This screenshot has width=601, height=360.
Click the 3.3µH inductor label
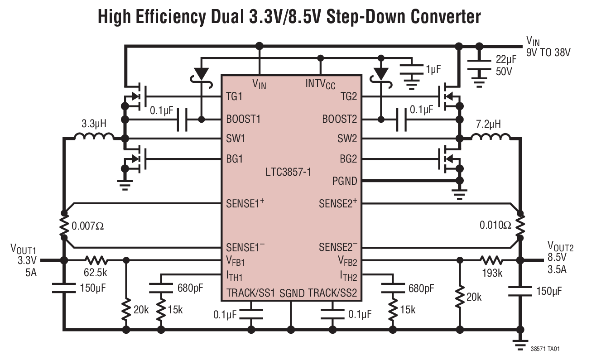click(94, 123)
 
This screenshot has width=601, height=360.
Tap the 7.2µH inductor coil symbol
click(490, 136)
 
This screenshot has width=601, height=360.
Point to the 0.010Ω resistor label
click(495, 225)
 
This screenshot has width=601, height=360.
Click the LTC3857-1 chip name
click(288, 172)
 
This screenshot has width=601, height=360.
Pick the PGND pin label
click(344, 181)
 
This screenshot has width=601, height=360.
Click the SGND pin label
click(291, 293)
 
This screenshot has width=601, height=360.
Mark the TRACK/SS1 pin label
click(250, 293)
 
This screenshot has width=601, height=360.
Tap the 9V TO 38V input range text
click(548, 52)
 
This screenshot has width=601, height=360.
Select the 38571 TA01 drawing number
click(548, 349)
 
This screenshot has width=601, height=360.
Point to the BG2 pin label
click(348, 159)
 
